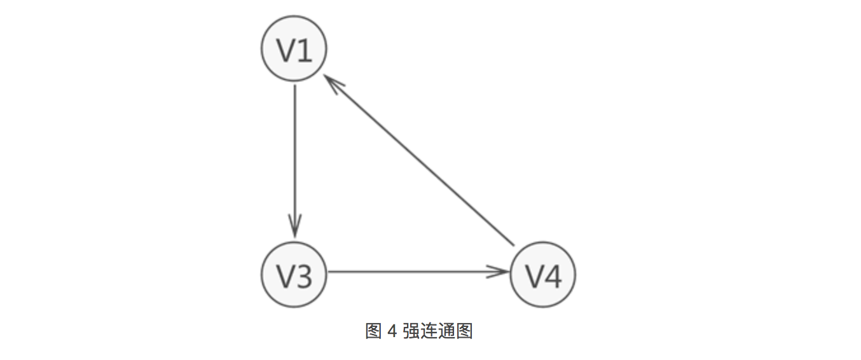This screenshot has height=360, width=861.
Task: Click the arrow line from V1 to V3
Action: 294,159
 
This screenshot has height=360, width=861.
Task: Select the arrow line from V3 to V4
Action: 413,272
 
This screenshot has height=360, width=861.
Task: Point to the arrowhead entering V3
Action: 294,226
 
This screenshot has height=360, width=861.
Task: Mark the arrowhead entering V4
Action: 500,272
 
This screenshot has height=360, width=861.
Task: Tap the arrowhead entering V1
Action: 332,81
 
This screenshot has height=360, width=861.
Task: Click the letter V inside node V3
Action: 286,275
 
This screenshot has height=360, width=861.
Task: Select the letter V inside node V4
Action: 534,275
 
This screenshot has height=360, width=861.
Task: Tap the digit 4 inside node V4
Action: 553,275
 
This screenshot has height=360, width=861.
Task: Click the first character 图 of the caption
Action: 373,331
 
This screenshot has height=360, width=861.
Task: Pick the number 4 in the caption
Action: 392,331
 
